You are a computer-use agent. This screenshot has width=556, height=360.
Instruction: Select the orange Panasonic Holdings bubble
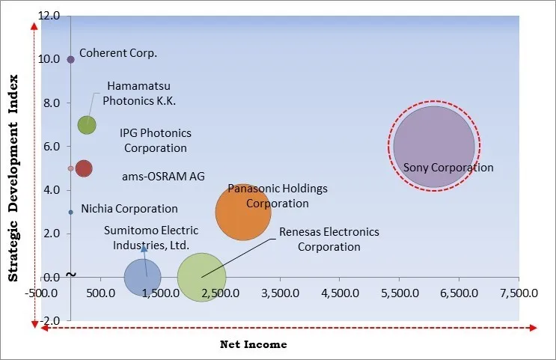coord(242,213)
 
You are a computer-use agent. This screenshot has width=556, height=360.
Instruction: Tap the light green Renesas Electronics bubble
coord(201,278)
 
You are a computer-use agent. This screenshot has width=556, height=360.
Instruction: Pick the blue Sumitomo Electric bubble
coord(142,278)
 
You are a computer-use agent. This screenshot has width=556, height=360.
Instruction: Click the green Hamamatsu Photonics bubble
coord(87,125)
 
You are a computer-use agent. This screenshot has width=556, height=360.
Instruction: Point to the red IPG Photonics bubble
coord(83,168)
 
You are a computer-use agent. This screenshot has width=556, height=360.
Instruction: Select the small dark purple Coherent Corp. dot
coord(70,59)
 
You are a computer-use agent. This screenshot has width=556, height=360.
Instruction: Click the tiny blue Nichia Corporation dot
coord(70,212)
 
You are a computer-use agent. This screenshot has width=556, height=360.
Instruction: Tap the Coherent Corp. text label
coord(117,53)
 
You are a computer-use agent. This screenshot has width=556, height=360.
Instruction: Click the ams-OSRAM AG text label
coord(163,177)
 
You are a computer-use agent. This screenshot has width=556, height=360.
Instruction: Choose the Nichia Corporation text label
coord(129,209)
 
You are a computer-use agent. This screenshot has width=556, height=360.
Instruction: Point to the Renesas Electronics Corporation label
coord(329,240)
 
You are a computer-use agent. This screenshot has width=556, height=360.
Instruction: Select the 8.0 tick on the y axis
coord(53,103)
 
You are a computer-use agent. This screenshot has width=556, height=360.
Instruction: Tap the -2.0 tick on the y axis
coord(52,321)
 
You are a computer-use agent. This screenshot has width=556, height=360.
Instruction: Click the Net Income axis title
coord(253,344)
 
